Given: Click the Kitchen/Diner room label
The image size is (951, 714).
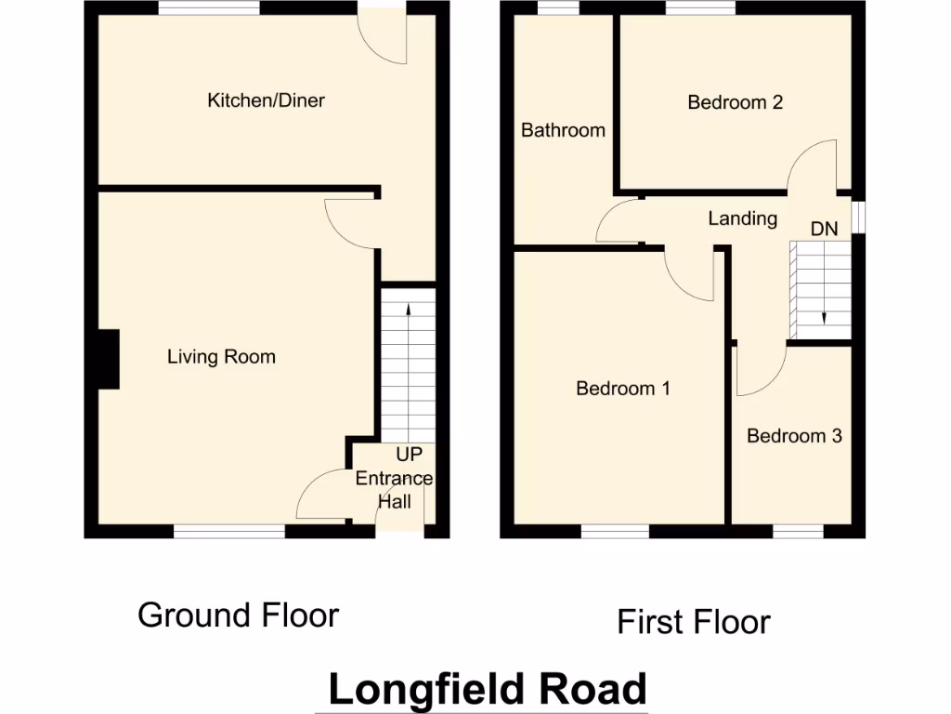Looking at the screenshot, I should (266, 100).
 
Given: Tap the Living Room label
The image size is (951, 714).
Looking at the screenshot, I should (221, 357).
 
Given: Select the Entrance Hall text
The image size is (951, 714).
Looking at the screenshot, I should (394, 490).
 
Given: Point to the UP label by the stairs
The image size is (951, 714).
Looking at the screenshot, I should (409, 456).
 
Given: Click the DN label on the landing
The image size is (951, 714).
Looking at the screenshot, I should (824, 229).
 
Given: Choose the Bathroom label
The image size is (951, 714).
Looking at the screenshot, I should (563, 130).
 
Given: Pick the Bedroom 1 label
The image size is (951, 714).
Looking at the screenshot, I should (623, 389).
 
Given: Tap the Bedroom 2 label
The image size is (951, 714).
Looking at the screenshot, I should (735, 102).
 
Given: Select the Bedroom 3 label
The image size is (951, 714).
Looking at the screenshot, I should (794, 436).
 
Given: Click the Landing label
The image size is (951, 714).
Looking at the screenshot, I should (742, 218).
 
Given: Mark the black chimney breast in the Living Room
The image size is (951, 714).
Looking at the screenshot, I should (109, 359).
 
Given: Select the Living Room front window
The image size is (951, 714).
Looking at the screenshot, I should (228, 532).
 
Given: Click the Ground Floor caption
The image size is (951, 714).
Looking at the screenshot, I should (238, 615).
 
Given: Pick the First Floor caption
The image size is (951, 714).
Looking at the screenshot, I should (694, 622).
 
